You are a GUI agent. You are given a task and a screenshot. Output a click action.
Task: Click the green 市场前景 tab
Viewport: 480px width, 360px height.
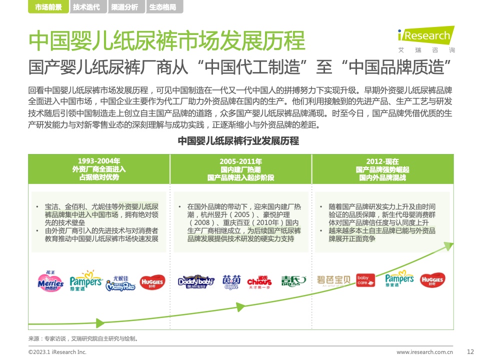[48, 6]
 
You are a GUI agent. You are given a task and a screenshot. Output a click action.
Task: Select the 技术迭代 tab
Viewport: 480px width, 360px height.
[86, 6]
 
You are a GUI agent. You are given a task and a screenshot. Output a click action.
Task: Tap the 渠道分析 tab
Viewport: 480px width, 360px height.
[124, 6]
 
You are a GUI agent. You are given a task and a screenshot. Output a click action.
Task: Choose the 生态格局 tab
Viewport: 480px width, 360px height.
[163, 6]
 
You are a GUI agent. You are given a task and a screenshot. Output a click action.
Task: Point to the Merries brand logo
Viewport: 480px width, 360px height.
[51, 281]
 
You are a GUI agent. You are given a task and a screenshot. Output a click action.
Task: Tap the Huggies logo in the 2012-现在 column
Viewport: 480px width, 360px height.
[432, 280]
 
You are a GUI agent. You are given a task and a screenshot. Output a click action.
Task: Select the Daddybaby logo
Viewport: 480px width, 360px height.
[196, 281]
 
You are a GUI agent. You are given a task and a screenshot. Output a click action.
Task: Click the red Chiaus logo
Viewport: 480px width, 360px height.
[259, 282]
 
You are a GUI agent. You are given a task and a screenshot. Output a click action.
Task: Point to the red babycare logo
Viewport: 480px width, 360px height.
[365, 280]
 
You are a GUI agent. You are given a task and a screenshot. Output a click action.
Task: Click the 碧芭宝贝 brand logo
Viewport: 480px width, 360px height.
[333, 280]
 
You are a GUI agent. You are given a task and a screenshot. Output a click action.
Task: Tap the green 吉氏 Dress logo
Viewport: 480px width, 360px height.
[293, 281]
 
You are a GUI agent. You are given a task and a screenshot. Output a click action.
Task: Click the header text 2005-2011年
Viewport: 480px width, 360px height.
[240, 161]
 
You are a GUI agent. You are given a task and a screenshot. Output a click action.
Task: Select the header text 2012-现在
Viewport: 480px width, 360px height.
[382, 161]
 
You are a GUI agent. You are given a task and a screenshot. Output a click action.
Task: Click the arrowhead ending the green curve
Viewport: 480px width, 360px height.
[449, 246]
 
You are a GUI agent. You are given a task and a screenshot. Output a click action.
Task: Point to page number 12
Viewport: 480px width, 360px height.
[470, 351]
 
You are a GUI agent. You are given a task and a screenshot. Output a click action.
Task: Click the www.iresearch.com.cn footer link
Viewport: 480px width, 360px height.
[424, 352]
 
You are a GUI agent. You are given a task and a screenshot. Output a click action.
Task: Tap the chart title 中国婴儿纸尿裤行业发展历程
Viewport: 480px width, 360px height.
[238, 141]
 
